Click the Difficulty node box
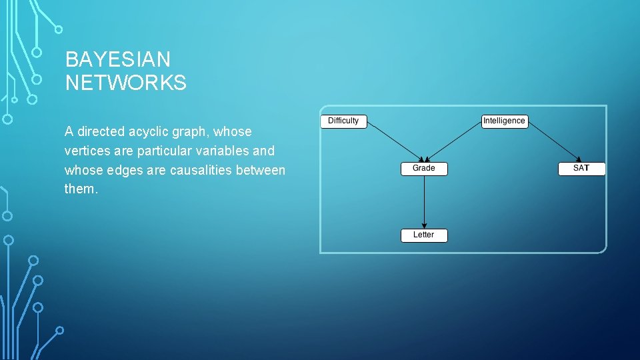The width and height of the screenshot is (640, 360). coord(343,121)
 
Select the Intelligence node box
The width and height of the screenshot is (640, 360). coord(504,121)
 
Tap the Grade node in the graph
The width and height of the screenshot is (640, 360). coord(424,169)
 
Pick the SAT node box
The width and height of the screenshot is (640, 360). coord(581,169)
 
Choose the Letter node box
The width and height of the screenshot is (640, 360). coord(423,235)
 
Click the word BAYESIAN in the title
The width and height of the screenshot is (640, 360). coord(118,60)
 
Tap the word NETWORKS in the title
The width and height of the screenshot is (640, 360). coord(125,83)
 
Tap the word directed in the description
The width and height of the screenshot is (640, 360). coord(99,132)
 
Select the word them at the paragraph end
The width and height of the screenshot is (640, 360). coord(80,190)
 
